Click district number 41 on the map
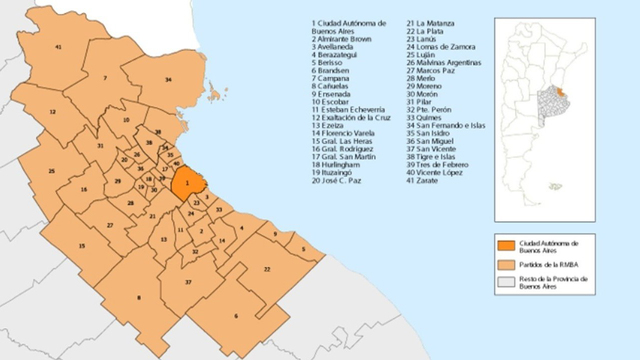[x=59, y=47]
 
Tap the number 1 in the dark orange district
[x=186, y=184]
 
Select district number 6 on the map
[x=236, y=317]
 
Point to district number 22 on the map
[x=267, y=269]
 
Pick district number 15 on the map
[x=81, y=246]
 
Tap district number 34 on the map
[x=168, y=79]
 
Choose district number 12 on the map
[x=50, y=113]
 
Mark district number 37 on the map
[x=188, y=283]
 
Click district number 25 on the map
[x=50, y=171]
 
